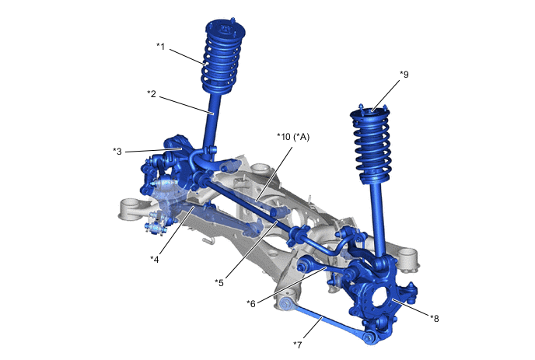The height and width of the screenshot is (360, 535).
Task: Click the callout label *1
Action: [161, 46]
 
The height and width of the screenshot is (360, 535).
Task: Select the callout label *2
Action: [152, 93]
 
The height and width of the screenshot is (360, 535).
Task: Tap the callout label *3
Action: [117, 151]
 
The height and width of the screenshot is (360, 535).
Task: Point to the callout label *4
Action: [155, 260]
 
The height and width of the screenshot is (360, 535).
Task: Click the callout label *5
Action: [219, 282]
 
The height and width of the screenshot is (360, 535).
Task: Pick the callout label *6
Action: [250, 303]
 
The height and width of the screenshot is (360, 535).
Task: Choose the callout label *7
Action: [298, 344]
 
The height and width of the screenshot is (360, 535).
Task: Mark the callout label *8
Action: [435, 318]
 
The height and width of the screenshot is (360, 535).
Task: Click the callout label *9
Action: [404, 75]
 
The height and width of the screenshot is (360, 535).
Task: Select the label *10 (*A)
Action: [293, 137]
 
